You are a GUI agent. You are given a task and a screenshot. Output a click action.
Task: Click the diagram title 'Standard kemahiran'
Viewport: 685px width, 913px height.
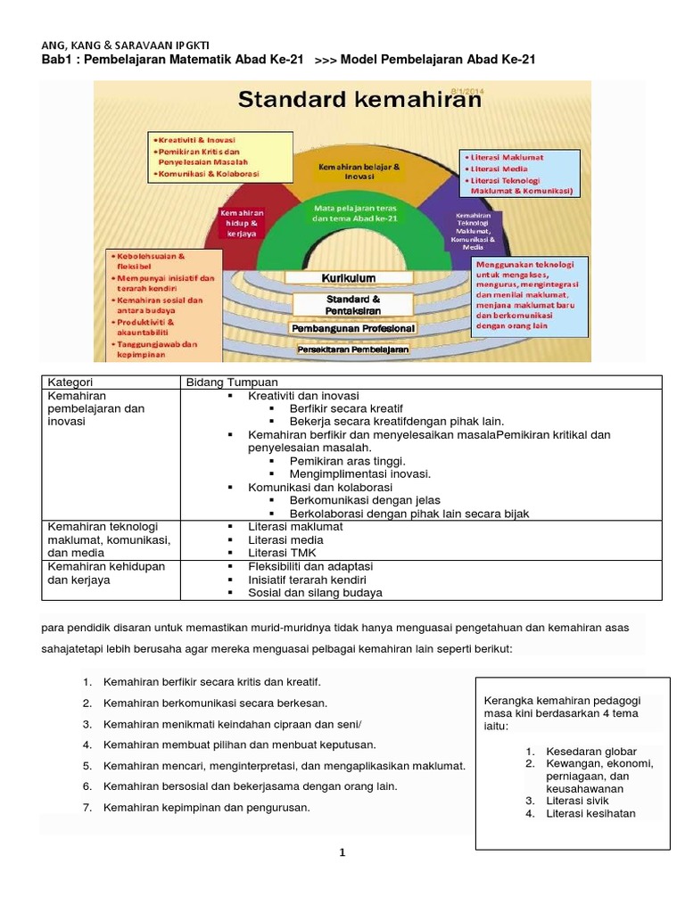[359, 99]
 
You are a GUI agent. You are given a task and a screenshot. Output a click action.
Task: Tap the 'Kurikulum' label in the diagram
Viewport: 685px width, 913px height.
[349, 278]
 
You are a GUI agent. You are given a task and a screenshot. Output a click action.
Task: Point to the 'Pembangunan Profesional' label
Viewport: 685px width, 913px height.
[352, 329]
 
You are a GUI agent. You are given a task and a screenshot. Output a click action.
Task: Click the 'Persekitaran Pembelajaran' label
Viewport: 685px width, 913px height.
[352, 350]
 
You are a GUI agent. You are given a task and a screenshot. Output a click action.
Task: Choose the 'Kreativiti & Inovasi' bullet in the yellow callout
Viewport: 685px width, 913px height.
[195, 141]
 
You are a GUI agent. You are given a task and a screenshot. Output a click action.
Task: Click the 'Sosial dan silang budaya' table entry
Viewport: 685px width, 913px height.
[315, 592]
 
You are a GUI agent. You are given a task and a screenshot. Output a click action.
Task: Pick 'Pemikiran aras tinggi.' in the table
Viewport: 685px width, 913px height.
[348, 461]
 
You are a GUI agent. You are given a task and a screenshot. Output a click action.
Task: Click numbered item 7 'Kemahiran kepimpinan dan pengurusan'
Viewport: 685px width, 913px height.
[207, 808]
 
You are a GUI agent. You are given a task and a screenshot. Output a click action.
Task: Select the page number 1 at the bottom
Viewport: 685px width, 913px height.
[342, 852]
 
